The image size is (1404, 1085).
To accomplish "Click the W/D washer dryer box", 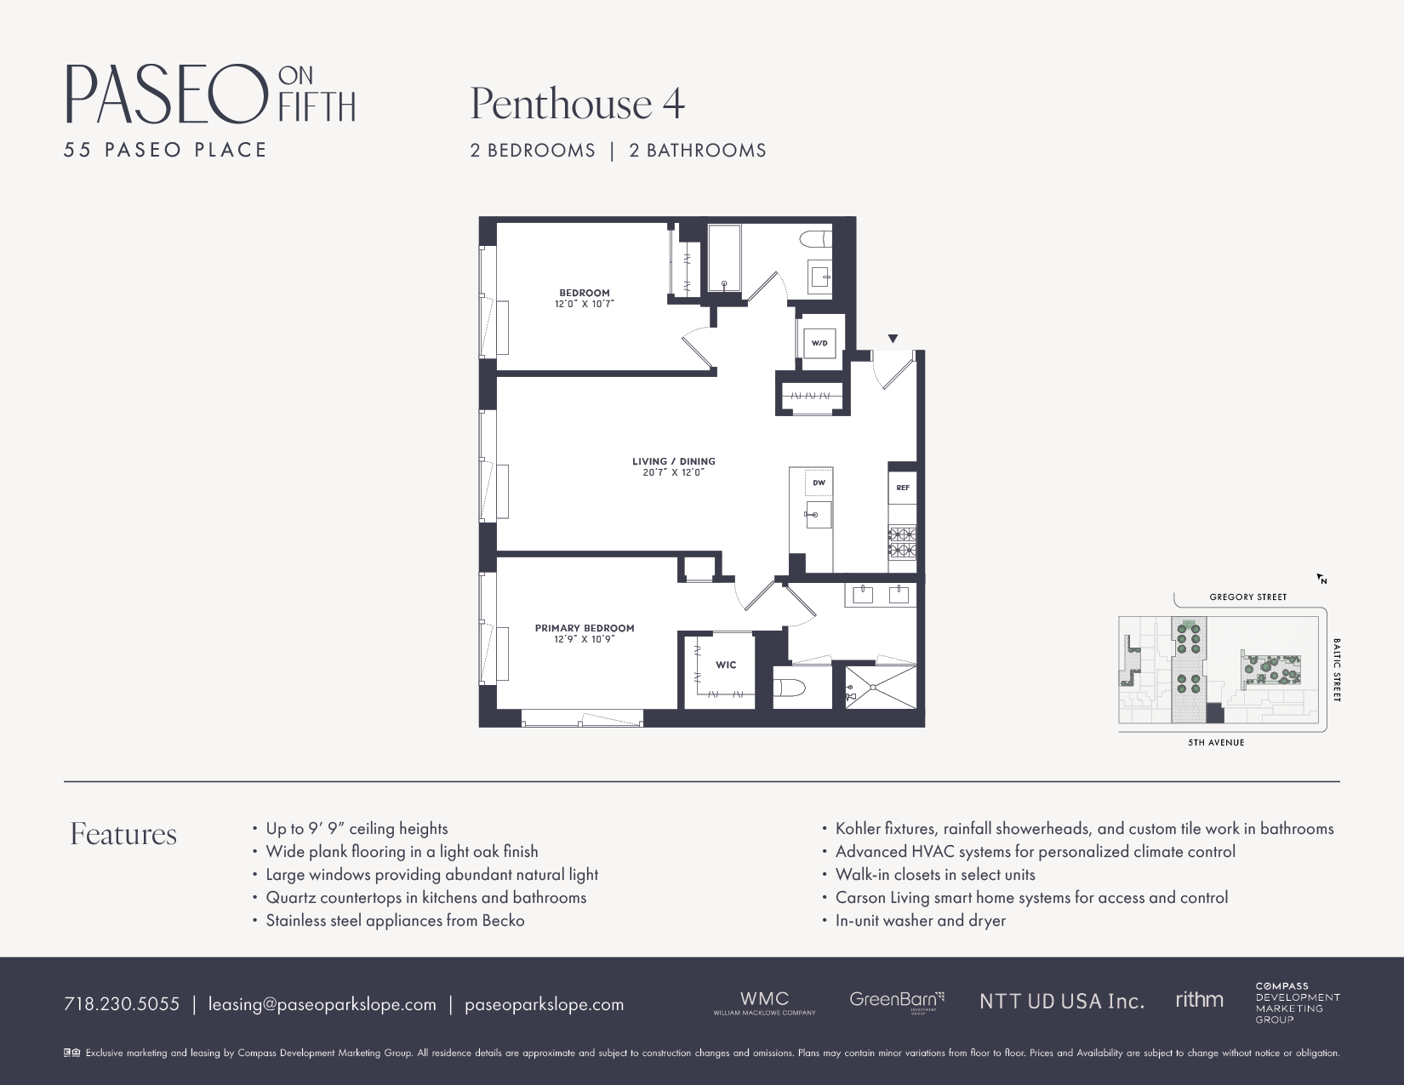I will (x=819, y=344).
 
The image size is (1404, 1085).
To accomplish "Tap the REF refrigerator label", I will (x=903, y=488).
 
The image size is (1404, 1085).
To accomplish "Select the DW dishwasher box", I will (x=819, y=483).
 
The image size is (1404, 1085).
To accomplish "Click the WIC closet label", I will (x=726, y=665).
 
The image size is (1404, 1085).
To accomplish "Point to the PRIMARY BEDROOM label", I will (x=585, y=628).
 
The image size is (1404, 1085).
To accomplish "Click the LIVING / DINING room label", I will (x=673, y=461).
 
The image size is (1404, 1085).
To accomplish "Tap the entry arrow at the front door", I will (x=893, y=339).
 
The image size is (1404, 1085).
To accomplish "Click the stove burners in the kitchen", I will (x=902, y=542).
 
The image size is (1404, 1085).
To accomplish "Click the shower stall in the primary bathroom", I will (x=882, y=687).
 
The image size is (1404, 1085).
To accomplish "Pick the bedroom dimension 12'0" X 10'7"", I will (x=585, y=304).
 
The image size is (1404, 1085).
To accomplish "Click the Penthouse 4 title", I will (x=577, y=104).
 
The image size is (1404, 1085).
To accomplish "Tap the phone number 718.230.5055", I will (x=122, y=1004).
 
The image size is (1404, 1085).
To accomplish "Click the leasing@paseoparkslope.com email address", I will (x=322, y=1004).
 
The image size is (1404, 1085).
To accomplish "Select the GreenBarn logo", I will (x=896, y=1001).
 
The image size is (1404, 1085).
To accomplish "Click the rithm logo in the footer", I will (x=1199, y=1000).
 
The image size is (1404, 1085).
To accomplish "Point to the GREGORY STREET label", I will (x=1247, y=597).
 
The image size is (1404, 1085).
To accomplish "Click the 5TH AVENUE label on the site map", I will (x=1216, y=742).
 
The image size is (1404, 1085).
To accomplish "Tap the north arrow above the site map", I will (x=1321, y=579).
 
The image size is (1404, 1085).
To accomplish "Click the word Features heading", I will (x=123, y=834).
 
